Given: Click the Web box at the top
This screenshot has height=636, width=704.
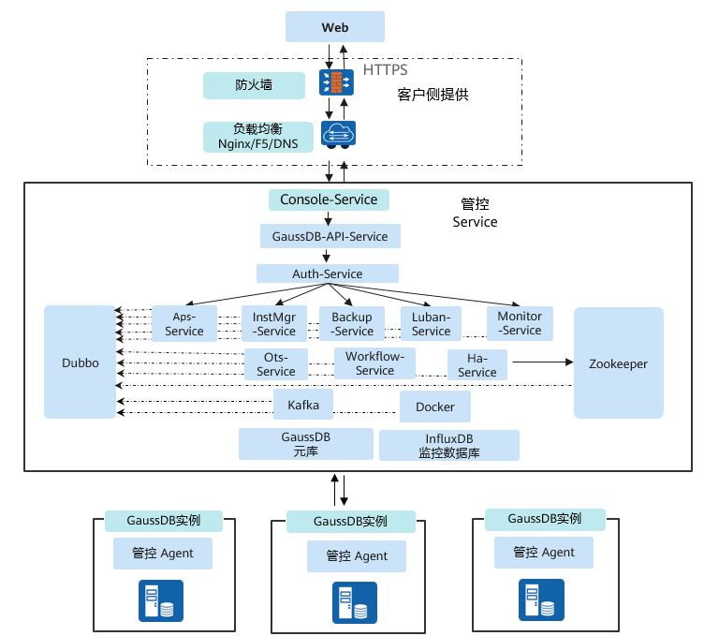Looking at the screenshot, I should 335,26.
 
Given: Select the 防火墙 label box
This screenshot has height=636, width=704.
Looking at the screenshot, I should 254,85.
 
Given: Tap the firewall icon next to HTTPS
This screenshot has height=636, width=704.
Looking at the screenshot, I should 336,83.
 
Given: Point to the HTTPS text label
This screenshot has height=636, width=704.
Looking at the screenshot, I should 385,71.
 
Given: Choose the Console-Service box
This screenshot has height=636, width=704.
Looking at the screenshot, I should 329,200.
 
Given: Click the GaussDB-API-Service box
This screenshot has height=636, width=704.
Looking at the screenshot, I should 330,236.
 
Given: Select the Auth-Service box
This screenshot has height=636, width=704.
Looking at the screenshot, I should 328,274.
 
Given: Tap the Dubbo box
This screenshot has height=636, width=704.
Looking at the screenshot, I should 80,362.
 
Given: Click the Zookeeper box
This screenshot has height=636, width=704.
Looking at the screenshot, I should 618,363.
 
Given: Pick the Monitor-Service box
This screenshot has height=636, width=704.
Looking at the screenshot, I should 520,323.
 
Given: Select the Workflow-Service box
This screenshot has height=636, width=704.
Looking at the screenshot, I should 374,363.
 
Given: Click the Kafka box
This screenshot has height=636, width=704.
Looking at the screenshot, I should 303,405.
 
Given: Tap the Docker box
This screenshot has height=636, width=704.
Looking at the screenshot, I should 435,407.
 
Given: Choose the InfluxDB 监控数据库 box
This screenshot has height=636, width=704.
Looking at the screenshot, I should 448,445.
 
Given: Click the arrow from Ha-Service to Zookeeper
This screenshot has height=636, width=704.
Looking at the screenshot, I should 540,361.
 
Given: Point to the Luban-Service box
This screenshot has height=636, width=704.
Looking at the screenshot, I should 432,324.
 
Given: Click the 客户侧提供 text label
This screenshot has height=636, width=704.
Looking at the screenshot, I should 432,96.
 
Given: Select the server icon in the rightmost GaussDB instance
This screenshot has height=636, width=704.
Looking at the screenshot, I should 542,599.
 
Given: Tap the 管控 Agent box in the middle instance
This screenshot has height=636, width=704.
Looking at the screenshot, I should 357,555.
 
